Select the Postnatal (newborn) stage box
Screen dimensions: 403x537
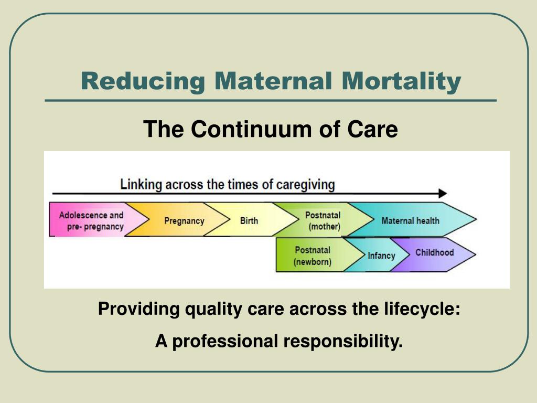(x=313, y=256)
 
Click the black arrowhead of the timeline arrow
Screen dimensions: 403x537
(x=443, y=193)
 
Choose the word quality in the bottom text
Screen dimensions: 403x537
(x=210, y=309)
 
